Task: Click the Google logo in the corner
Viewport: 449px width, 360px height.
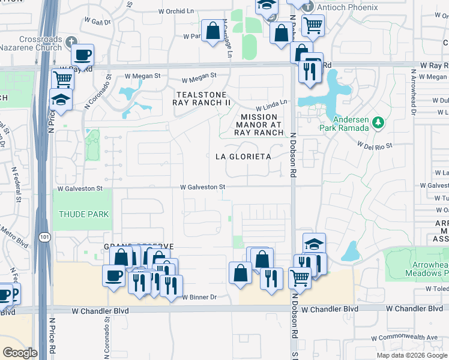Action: tap(20, 352)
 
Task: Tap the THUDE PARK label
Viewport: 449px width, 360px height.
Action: tap(83, 214)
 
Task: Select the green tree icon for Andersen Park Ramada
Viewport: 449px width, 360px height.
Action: tap(378, 123)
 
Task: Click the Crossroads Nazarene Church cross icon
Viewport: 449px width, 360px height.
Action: tap(72, 41)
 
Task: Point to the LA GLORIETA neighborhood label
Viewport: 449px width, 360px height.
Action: tap(243, 157)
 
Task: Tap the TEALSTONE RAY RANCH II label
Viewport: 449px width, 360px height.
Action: tap(201, 99)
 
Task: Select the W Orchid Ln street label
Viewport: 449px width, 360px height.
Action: tap(178, 11)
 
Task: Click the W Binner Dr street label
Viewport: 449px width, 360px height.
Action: tap(199, 297)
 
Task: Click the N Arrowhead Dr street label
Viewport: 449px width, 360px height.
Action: tap(414, 88)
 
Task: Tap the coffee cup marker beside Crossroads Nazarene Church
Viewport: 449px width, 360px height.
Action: tap(83, 55)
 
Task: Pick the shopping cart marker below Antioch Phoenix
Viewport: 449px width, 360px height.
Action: tap(313, 25)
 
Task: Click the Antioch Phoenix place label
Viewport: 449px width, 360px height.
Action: tap(340, 7)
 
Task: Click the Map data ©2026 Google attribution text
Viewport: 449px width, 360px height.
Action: tap(412, 355)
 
